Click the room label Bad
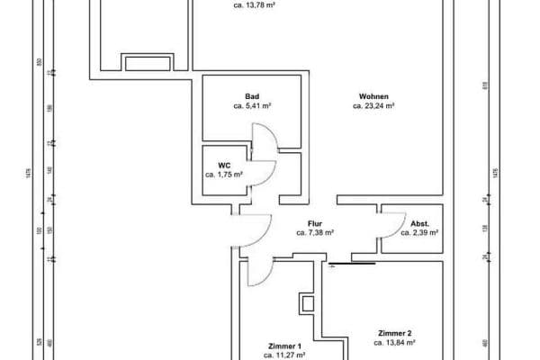click(252, 95)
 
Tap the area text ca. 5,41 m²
click(252, 105)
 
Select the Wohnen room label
click(374, 95)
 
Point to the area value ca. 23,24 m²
click(374, 105)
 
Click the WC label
click(224, 165)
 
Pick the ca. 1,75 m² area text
click(224, 175)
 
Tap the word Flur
click(315, 222)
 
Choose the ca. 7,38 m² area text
click(315, 232)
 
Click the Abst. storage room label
click(419, 222)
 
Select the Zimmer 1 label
click(284, 346)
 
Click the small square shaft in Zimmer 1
click(309, 302)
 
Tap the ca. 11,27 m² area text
click(284, 355)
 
